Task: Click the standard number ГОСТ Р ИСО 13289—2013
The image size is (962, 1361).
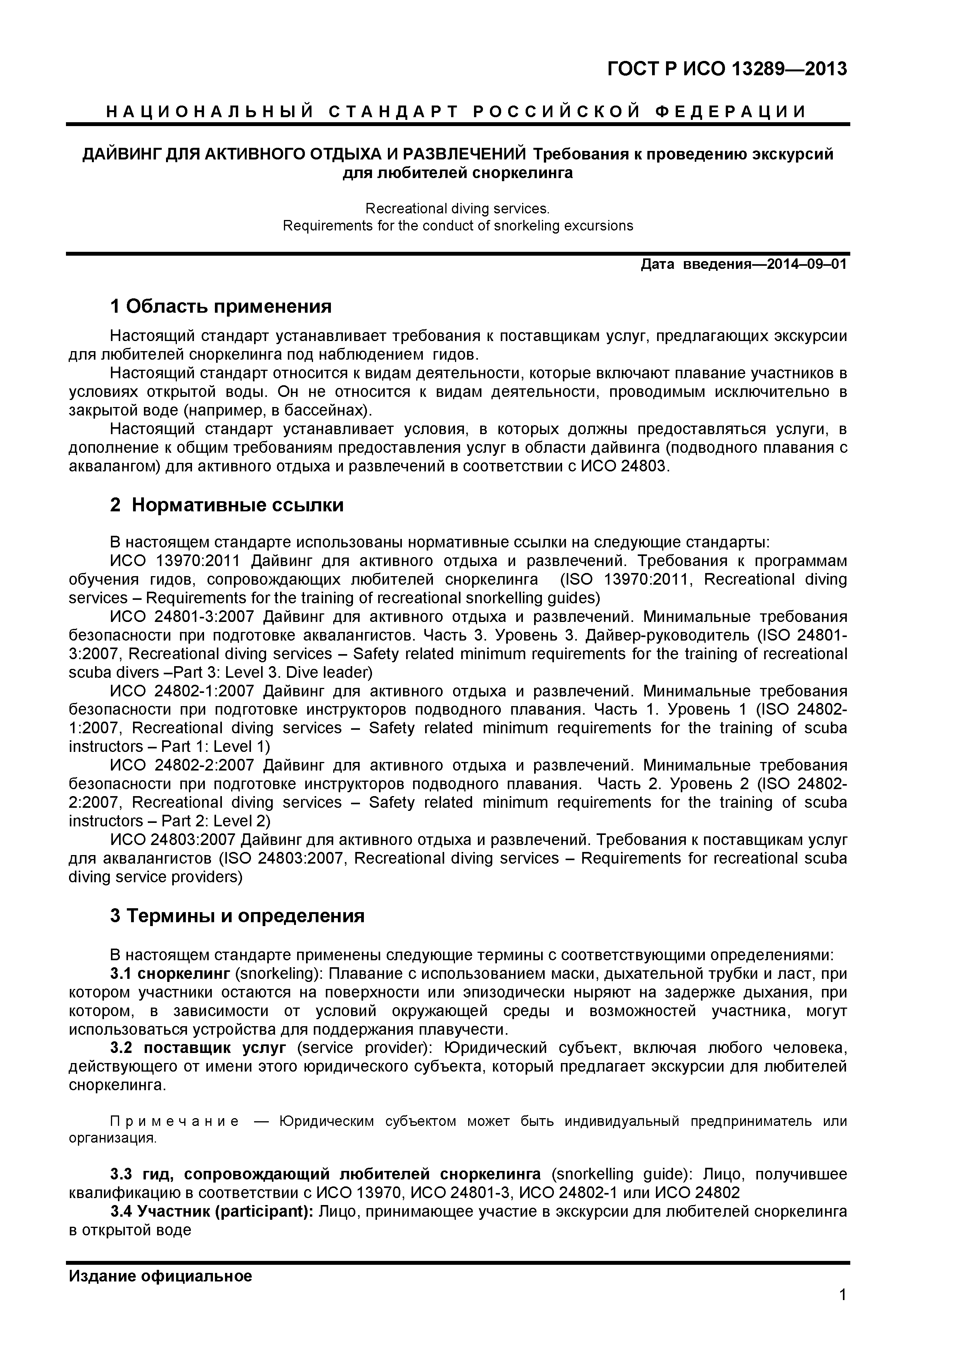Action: tap(727, 69)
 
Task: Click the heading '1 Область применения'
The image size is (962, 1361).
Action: tap(220, 306)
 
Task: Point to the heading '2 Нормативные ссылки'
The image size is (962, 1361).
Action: tap(227, 505)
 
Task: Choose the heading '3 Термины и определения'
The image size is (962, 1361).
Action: tap(237, 916)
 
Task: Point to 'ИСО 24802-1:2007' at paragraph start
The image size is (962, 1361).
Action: tap(182, 691)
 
